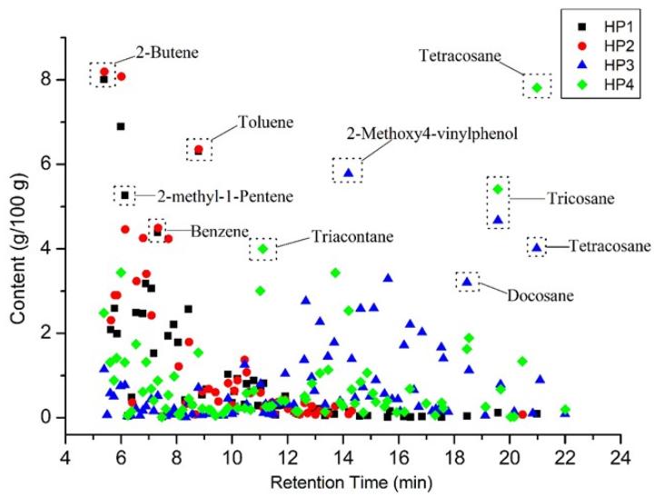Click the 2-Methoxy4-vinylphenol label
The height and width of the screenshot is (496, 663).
point(431,134)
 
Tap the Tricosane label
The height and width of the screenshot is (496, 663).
point(580,198)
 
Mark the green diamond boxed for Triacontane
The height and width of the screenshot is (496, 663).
point(263,248)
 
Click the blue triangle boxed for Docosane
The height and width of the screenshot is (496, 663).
point(467,282)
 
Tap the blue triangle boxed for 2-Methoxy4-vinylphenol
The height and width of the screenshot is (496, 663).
point(348,173)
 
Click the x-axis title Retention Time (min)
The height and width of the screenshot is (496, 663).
point(343,476)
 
